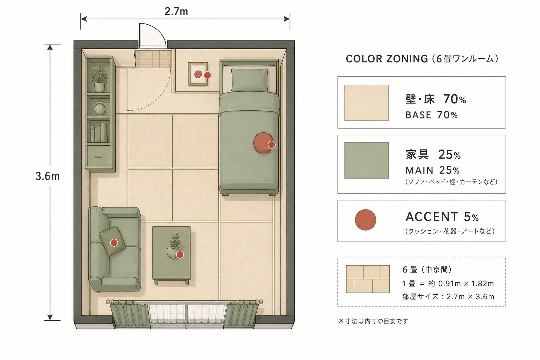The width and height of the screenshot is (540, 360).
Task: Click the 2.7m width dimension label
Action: point(176,11)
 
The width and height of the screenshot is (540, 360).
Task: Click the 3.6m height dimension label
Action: point(47,176)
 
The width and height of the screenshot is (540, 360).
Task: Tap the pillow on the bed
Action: point(249,80)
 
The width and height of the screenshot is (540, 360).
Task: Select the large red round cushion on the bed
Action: point(263,143)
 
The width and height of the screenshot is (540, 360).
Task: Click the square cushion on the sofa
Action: point(112,240)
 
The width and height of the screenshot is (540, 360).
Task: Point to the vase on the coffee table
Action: point(173,251)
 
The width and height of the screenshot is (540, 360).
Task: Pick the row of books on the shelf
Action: point(99,133)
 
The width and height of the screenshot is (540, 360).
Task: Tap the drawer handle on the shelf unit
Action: point(98,157)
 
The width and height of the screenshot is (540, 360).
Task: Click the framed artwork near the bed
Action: point(198,74)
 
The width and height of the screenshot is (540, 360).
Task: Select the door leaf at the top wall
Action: point(152,36)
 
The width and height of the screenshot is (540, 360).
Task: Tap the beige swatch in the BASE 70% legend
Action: point(366,102)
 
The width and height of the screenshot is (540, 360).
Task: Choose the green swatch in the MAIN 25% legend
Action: point(366,160)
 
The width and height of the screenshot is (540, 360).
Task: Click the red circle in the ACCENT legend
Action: point(366,220)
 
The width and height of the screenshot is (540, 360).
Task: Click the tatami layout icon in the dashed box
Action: point(368,279)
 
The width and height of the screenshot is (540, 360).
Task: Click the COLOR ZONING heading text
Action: point(387,59)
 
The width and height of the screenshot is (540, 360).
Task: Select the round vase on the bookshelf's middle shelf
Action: point(99,108)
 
